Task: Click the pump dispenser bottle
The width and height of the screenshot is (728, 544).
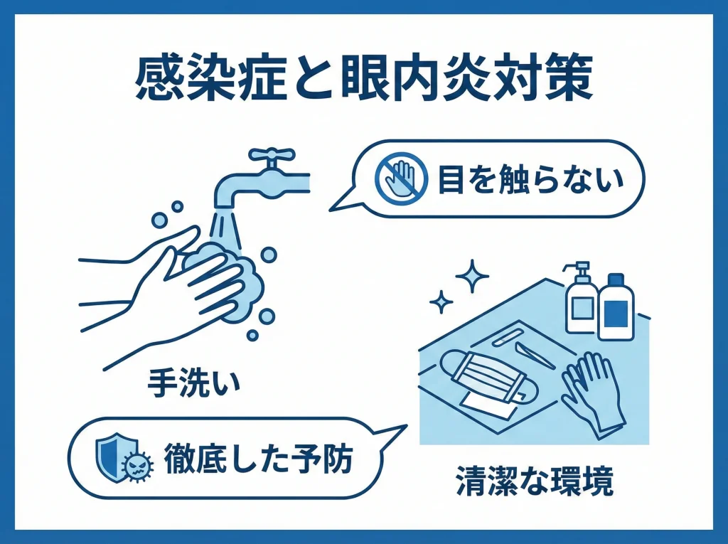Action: (579, 299)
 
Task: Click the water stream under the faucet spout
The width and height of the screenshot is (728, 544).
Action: (226, 228)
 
